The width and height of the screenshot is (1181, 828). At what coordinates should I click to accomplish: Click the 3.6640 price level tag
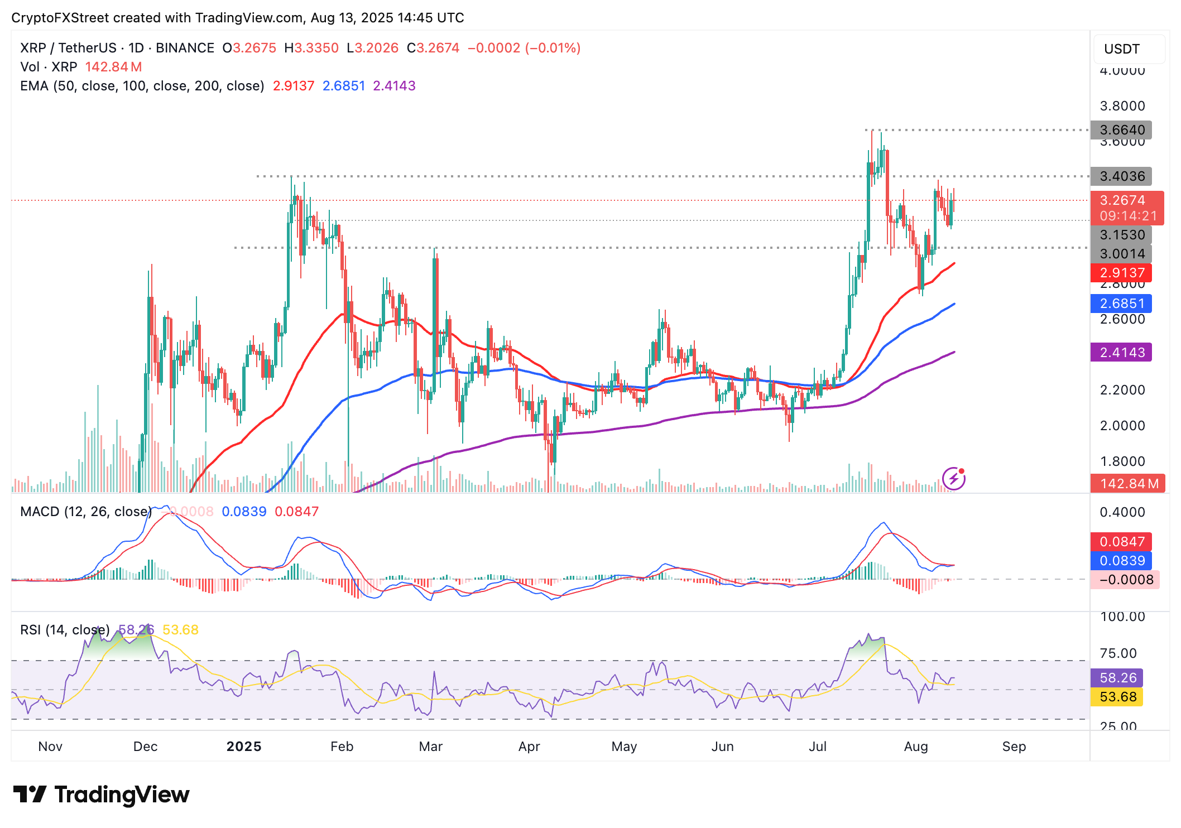pos(1121,130)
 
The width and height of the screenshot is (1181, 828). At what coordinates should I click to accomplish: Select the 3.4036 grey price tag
pos(1121,176)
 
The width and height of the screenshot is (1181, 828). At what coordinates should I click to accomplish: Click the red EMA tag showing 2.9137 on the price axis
pos(1121,273)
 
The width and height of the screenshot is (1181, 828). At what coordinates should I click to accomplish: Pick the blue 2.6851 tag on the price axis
pos(1121,304)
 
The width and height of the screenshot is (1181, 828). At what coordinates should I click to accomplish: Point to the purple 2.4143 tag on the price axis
pos(1121,353)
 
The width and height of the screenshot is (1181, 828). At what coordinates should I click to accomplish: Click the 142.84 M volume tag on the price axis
pos(1128,484)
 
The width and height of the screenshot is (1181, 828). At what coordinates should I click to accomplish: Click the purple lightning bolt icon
pos(954,479)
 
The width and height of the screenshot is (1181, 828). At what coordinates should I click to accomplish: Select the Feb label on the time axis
pos(342,747)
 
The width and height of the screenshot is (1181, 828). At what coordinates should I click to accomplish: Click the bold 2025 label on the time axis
pos(244,747)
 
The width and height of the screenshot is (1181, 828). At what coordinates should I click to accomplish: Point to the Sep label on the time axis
pos(1014,747)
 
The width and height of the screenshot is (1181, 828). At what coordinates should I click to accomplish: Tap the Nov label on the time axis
pos(50,747)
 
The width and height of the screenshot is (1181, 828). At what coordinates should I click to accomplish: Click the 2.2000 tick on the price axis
pos(1122,390)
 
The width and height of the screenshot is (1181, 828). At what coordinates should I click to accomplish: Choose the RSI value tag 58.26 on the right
pos(1117,678)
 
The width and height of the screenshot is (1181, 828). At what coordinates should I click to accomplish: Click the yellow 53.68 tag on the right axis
pos(1117,697)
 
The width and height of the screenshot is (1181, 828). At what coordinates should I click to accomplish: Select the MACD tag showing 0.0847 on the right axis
pos(1122,542)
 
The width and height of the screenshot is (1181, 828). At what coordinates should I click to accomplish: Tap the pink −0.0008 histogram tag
pos(1125,580)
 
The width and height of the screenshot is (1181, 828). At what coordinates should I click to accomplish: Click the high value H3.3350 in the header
pos(311,48)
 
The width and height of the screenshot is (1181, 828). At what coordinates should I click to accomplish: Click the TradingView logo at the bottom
pos(101,795)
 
